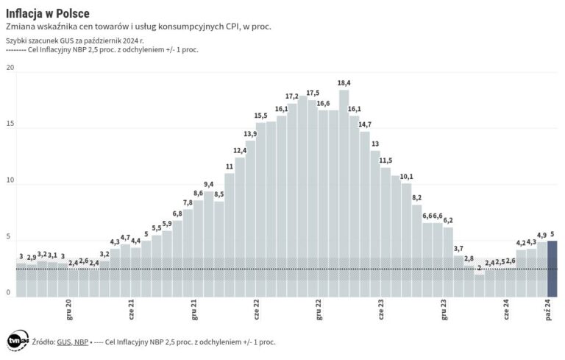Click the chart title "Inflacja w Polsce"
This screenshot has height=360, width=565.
[48, 12]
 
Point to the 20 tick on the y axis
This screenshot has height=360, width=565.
[10, 68]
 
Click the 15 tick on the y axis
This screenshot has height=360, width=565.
[10, 124]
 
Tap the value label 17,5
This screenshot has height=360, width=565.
[313, 93]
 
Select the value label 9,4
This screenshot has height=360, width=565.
[208, 184]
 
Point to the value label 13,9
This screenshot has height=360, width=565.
[250, 134]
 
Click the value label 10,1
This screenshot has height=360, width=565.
[406, 177]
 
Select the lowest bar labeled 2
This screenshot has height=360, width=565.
[479, 286]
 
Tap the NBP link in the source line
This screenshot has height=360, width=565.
[81, 342]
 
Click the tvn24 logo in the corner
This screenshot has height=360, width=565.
[16, 341]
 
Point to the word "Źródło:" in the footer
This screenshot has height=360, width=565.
[43, 342]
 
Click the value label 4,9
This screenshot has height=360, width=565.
[541, 236]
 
